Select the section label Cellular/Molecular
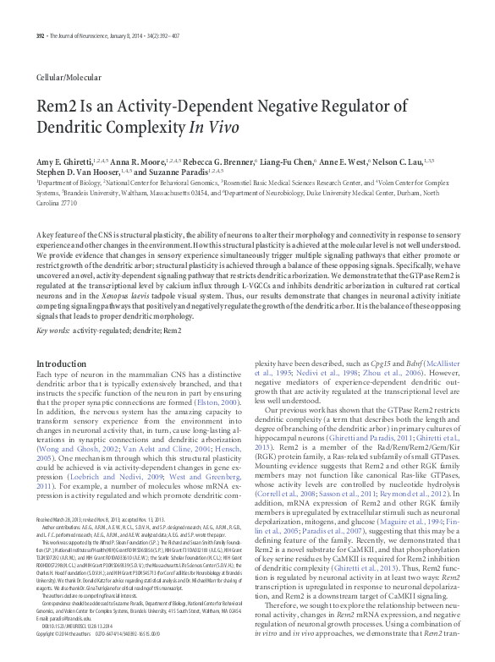click(x=69, y=77)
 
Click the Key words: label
click(x=54, y=331)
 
